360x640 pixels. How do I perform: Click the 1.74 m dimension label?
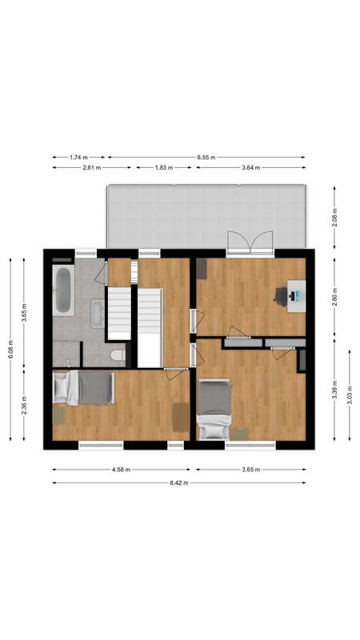pyautogui.click(x=78, y=158)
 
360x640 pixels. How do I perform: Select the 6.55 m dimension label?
pyautogui.click(x=207, y=158)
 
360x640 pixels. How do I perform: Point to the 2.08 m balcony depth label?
pyautogui.click(x=335, y=217)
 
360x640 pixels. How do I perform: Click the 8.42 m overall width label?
pyautogui.click(x=179, y=482)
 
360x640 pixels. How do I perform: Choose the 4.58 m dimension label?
pyautogui.click(x=120, y=470)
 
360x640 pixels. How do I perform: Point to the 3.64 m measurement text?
pyautogui.click(x=252, y=168)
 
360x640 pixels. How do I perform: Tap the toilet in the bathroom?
pyautogui.click(x=117, y=354)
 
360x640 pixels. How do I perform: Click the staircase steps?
pyautogui.click(x=119, y=312)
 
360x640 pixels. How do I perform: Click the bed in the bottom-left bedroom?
pyautogui.click(x=83, y=389)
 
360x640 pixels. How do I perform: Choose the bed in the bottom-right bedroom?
pyautogui.click(x=213, y=408)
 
